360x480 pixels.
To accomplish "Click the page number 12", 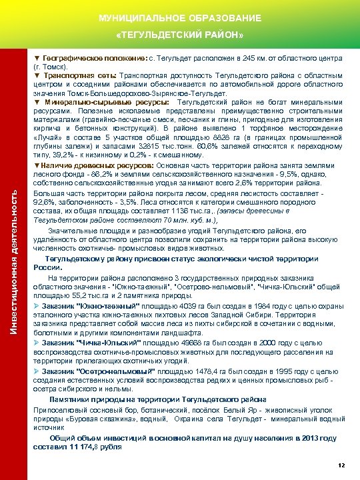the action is click(341, 464).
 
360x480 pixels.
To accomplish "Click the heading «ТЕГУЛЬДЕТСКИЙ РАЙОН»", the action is click(179, 34).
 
